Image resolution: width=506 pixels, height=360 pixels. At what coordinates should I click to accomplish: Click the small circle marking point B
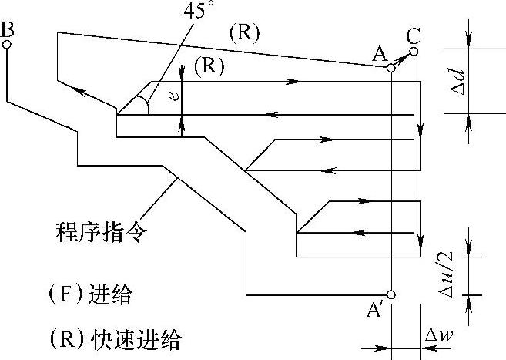tap(7, 45)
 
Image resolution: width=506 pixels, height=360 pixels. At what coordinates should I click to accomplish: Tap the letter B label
tap(8, 29)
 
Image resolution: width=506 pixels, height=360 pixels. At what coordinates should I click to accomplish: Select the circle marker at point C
tap(414, 52)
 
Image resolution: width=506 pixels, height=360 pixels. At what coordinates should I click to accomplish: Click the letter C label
tap(414, 35)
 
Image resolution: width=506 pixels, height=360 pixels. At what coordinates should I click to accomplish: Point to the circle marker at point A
tap(391, 69)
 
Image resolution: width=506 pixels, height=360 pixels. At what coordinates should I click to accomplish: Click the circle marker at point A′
tap(391, 294)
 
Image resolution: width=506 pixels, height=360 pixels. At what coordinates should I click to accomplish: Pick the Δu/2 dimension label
tap(448, 276)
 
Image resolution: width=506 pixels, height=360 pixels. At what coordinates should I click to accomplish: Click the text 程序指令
tap(99, 230)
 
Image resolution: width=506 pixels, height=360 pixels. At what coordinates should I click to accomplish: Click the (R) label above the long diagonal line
tap(243, 33)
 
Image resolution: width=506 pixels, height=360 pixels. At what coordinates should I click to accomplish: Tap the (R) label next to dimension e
tap(208, 67)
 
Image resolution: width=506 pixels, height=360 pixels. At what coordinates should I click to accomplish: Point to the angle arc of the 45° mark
tap(142, 101)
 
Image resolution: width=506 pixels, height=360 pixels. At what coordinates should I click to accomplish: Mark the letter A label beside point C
tap(378, 53)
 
